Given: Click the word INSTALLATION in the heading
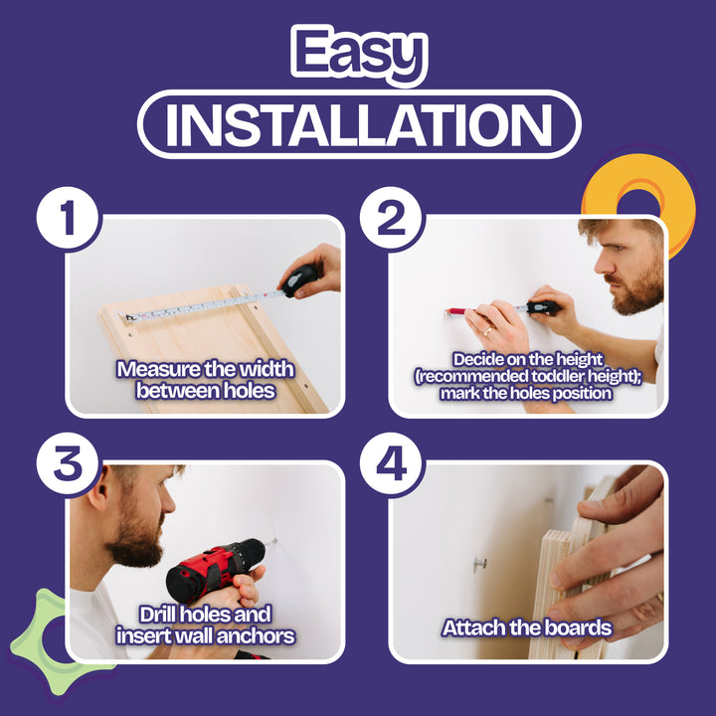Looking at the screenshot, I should point(358,124).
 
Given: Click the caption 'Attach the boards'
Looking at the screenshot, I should point(527,628).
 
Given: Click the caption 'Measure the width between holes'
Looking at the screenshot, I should point(206,380).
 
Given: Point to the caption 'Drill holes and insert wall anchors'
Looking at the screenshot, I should point(206,626).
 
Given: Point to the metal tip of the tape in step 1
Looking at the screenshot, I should point(127,317).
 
